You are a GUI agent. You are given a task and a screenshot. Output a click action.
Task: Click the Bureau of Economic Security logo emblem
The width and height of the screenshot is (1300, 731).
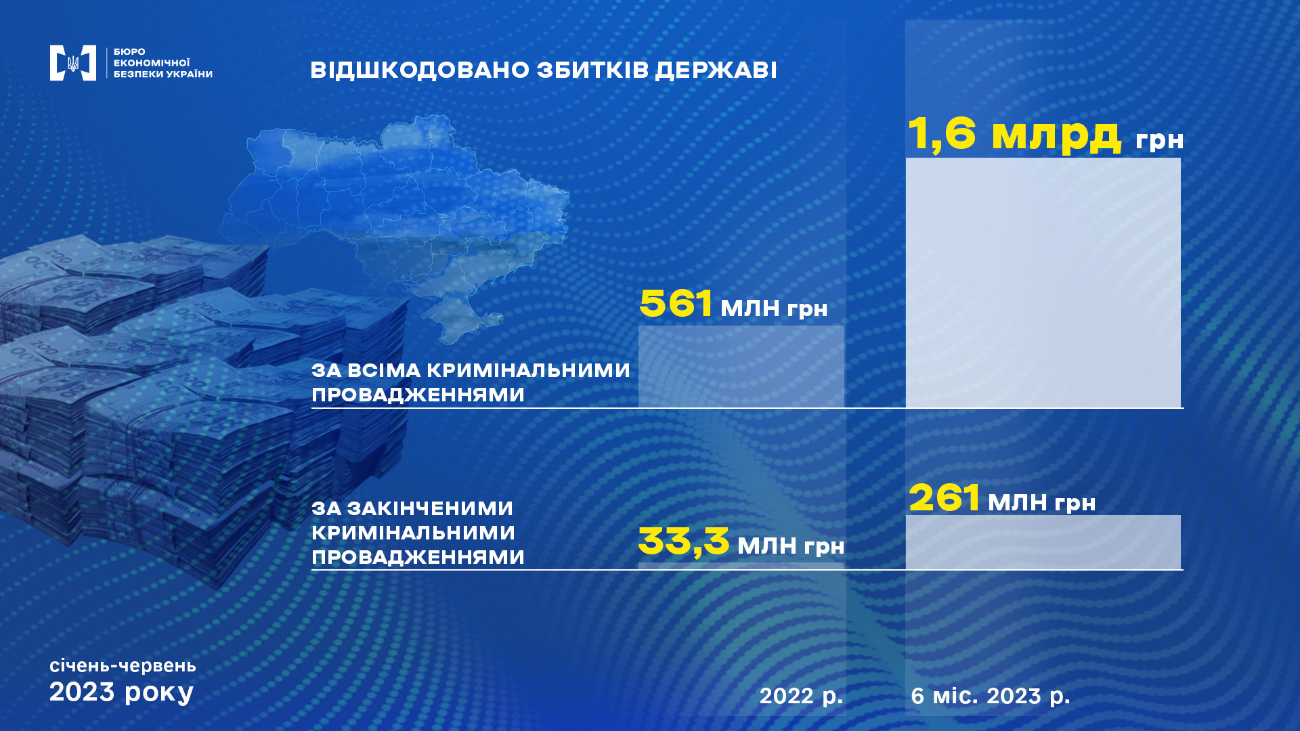73,63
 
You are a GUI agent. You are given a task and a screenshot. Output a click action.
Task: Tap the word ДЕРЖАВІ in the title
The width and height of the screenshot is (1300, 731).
716,70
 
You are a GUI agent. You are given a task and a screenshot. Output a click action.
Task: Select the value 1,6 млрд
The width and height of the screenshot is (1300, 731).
1014,133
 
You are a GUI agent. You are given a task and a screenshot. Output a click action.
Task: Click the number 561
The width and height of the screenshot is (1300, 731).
676,303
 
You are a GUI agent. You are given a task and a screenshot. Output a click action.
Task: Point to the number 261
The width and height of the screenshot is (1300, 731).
944,497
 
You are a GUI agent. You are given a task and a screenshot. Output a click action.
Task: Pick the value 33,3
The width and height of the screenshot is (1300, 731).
684,541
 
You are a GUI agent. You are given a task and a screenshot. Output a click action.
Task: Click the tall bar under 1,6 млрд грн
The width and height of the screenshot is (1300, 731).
1043,283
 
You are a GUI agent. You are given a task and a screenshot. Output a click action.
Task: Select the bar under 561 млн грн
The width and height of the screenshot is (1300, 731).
741,367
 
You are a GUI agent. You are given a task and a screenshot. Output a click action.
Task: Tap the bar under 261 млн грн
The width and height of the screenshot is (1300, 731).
1043,542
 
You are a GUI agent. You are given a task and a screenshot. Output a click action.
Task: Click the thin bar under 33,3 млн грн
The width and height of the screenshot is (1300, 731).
741,566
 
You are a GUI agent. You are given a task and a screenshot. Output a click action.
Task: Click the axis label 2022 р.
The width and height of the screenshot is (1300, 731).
802,696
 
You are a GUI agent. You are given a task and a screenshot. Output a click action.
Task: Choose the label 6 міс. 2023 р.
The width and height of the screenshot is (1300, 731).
991,696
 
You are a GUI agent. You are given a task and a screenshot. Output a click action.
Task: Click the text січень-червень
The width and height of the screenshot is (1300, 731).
123,666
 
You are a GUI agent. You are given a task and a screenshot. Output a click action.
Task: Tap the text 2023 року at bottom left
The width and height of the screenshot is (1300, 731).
122,692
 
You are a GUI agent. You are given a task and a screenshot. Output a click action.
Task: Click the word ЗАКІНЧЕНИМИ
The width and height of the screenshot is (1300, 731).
430,508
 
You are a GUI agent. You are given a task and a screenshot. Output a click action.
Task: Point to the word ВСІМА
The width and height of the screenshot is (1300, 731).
385,371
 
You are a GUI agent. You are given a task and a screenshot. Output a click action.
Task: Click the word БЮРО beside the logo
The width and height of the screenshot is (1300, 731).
129,51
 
